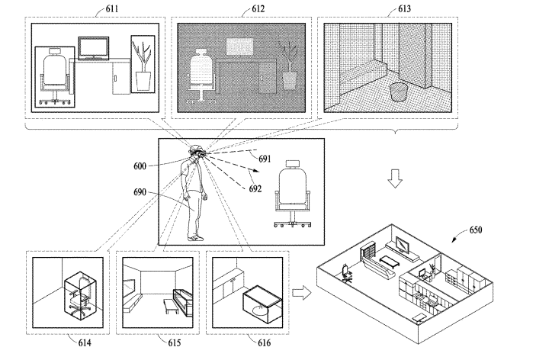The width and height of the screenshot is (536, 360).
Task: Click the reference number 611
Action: pos(112,8)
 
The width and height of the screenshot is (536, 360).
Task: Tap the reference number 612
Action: pos(258,8)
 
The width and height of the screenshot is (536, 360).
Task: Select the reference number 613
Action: pos(404,8)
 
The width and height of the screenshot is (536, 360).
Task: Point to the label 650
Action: pos(476,230)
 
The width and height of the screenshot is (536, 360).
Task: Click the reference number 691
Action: pos(265,159)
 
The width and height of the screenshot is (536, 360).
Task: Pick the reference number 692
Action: pos(255,188)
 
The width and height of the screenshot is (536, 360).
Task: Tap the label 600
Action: pos(140,166)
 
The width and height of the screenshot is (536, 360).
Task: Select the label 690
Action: pos(140,192)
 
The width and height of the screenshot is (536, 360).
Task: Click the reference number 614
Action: pos(85,342)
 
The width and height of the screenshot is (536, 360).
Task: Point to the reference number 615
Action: pos(175,342)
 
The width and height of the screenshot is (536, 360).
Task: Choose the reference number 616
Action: pos(265,342)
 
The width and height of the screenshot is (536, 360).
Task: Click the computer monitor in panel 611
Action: pos(94,48)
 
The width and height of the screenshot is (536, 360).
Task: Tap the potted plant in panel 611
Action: pos(143,66)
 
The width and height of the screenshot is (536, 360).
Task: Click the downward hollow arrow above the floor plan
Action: pos(395,178)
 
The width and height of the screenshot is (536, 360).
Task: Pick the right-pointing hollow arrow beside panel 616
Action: pos(302,294)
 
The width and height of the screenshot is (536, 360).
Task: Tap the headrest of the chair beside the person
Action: pos(293,164)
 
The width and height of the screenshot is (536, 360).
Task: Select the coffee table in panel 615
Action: pos(171,306)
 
